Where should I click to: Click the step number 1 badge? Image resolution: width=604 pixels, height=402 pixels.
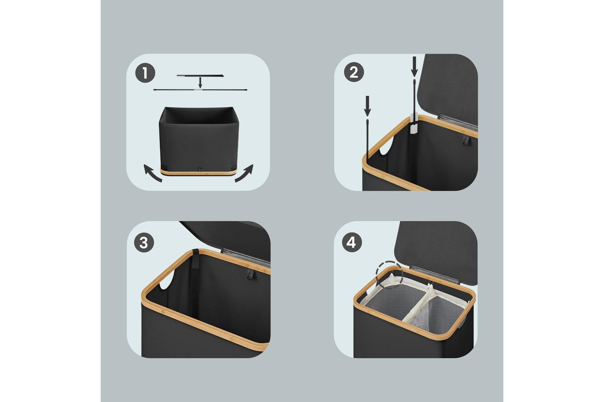tap(145, 73)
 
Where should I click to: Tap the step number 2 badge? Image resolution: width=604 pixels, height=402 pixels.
tap(354, 72)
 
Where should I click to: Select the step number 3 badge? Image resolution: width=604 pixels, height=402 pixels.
tap(144, 242)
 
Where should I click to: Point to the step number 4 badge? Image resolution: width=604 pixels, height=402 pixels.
tap(352, 242)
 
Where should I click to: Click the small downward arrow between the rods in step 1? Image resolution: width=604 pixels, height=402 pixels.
tap(200, 82)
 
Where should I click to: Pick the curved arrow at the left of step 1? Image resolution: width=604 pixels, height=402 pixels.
tap(152, 173)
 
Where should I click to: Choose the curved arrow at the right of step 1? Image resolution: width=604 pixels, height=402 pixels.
tap(244, 173)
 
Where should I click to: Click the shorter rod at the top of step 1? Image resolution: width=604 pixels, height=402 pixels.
tap(200, 76)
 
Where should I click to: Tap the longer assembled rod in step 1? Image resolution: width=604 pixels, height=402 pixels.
tap(200, 90)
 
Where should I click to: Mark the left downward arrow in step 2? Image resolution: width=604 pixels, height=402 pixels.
tap(367, 106)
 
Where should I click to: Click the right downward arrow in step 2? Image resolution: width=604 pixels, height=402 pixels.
tap(414, 66)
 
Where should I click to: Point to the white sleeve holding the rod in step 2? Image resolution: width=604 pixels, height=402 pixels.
tap(414, 123)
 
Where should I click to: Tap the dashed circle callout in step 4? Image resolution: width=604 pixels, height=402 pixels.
tap(389, 274)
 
